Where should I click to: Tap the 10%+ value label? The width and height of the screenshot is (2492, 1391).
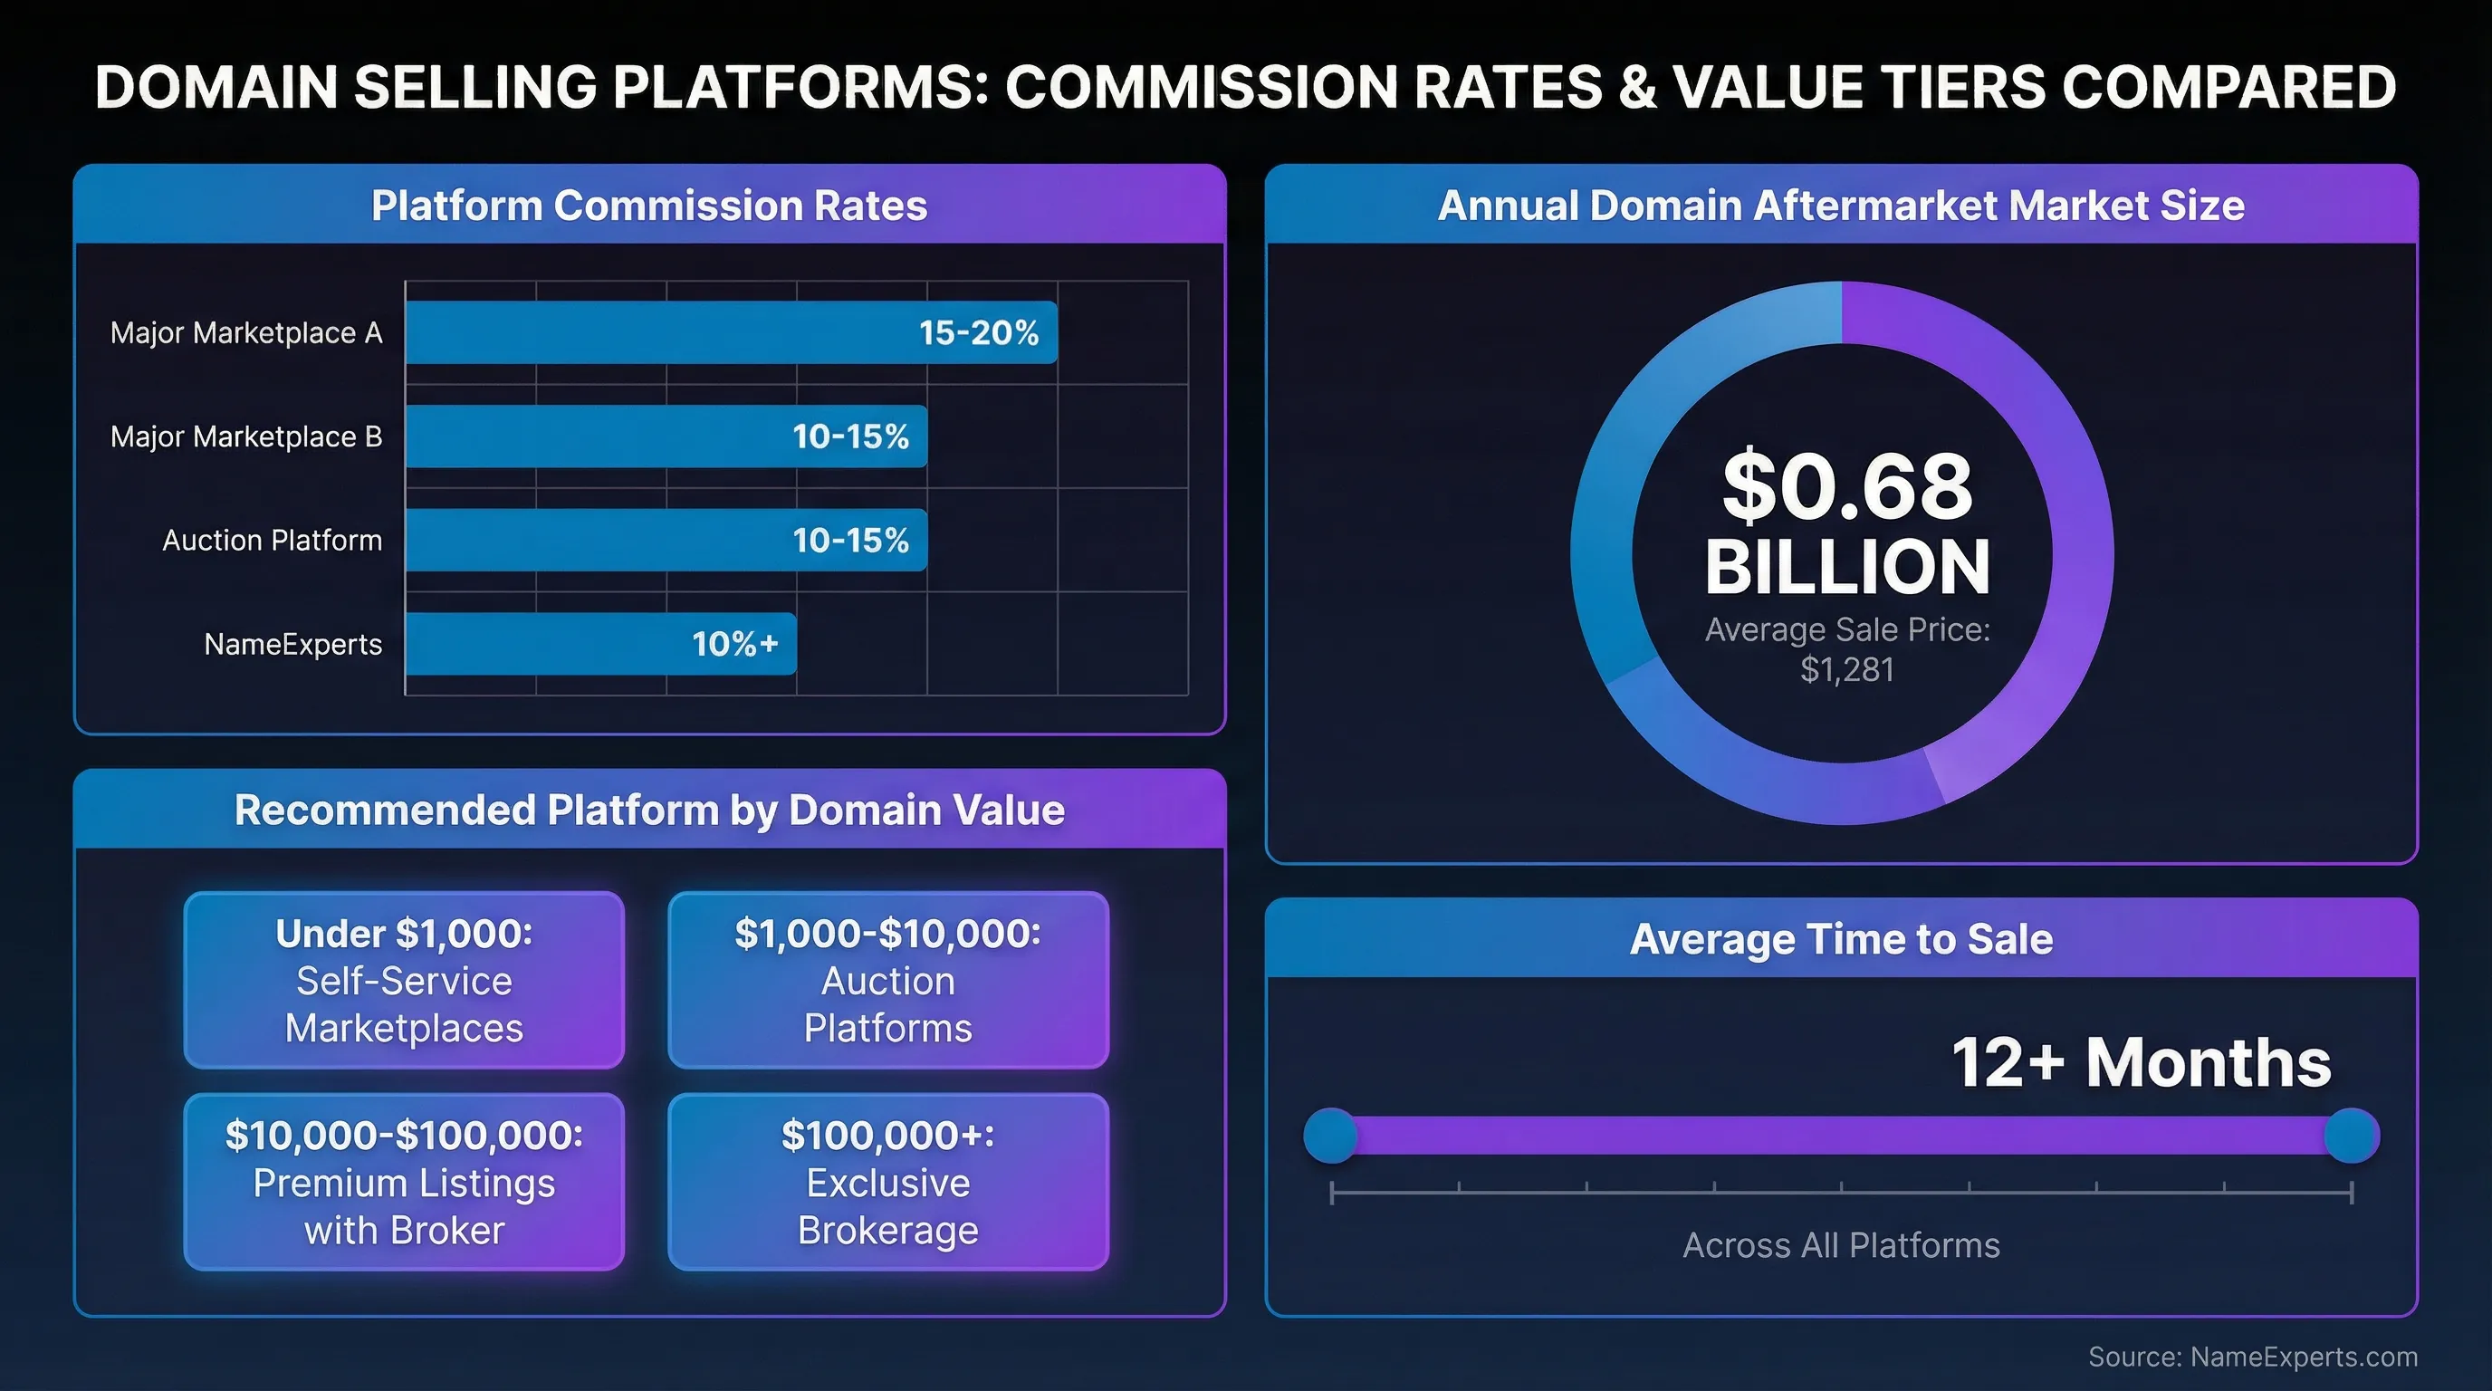pyautogui.click(x=735, y=643)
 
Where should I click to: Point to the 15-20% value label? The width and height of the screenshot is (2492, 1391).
pyautogui.click(x=978, y=332)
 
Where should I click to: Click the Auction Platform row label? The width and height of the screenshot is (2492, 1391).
pyautogui.click(x=272, y=540)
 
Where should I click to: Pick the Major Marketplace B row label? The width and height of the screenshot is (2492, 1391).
pyautogui.click(x=245, y=436)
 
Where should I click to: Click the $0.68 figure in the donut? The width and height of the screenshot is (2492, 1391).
pyautogui.click(x=1846, y=485)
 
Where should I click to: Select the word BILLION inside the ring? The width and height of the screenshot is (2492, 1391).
pyautogui.click(x=1846, y=567)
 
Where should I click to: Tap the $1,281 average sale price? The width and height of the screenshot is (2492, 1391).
pyautogui.click(x=1846, y=669)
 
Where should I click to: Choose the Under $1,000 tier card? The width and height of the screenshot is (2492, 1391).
pyautogui.click(x=405, y=980)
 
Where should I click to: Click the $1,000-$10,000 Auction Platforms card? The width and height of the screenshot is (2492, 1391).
pyautogui.click(x=888, y=980)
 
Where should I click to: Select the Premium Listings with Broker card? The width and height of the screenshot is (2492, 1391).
pyautogui.click(x=405, y=1181)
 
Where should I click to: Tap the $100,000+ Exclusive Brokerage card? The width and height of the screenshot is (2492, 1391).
pyautogui.click(x=888, y=1181)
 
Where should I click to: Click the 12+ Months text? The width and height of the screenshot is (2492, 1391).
pyautogui.click(x=2140, y=1062)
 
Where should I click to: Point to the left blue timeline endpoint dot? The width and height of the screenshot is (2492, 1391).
pyautogui.click(x=1331, y=1136)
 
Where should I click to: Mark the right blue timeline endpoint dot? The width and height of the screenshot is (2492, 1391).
pyautogui.click(x=2351, y=1136)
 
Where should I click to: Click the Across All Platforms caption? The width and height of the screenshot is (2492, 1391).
pyautogui.click(x=1841, y=1245)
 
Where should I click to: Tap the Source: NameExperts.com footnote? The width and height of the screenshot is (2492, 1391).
pyautogui.click(x=2252, y=1357)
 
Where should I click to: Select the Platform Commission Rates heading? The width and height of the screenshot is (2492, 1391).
pyautogui.click(x=649, y=205)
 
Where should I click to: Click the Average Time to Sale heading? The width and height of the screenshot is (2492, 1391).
pyautogui.click(x=1841, y=938)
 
